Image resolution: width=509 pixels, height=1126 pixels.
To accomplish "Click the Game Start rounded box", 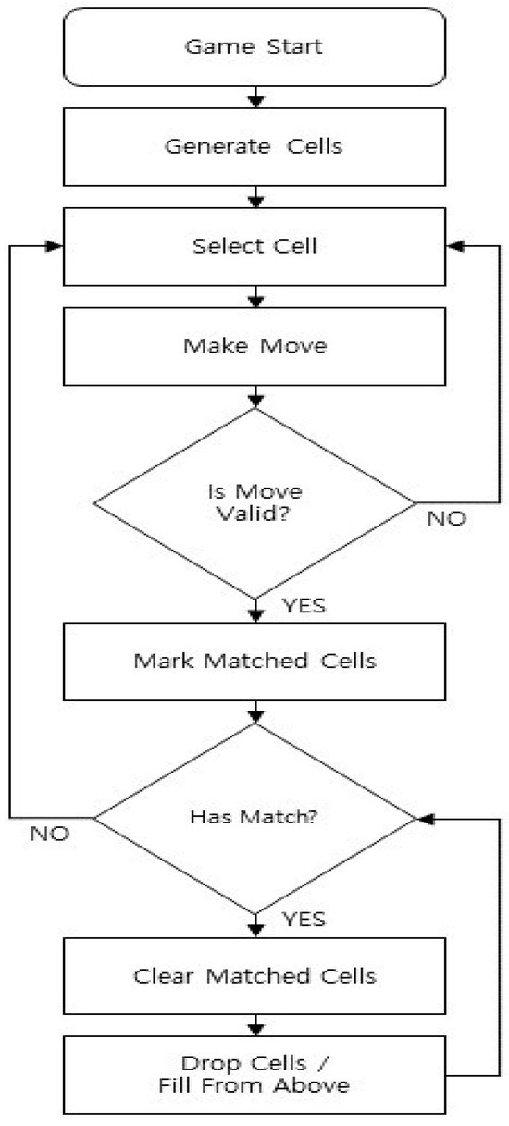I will point(254,46).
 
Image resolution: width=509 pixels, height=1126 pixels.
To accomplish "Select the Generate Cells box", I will point(254,147).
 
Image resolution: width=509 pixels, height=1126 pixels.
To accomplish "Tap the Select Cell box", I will point(254,247).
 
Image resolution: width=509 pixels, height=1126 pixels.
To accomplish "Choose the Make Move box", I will point(254,348).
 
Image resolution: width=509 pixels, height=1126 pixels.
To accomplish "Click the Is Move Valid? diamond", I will point(254,501).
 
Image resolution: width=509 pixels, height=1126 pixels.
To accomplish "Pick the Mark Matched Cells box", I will point(254,662).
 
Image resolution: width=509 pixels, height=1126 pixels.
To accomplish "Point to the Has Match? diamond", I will point(254,818).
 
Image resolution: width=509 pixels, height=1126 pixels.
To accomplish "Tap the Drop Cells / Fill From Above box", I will point(254,1076).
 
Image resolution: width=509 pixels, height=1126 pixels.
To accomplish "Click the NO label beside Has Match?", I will point(50,834).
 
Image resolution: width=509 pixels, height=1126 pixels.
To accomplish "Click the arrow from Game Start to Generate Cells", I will point(256,96).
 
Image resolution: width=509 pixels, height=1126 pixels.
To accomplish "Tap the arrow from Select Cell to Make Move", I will point(256,297).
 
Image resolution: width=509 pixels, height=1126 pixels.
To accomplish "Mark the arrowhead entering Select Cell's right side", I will point(454,247).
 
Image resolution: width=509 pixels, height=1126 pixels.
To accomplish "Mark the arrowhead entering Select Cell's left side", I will point(55,247).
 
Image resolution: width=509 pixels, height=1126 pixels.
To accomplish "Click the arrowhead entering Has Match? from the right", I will point(425,819).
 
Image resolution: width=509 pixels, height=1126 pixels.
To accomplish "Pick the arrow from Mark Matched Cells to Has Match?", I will point(256,712).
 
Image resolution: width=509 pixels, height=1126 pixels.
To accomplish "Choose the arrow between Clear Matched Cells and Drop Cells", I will point(256,1024).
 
